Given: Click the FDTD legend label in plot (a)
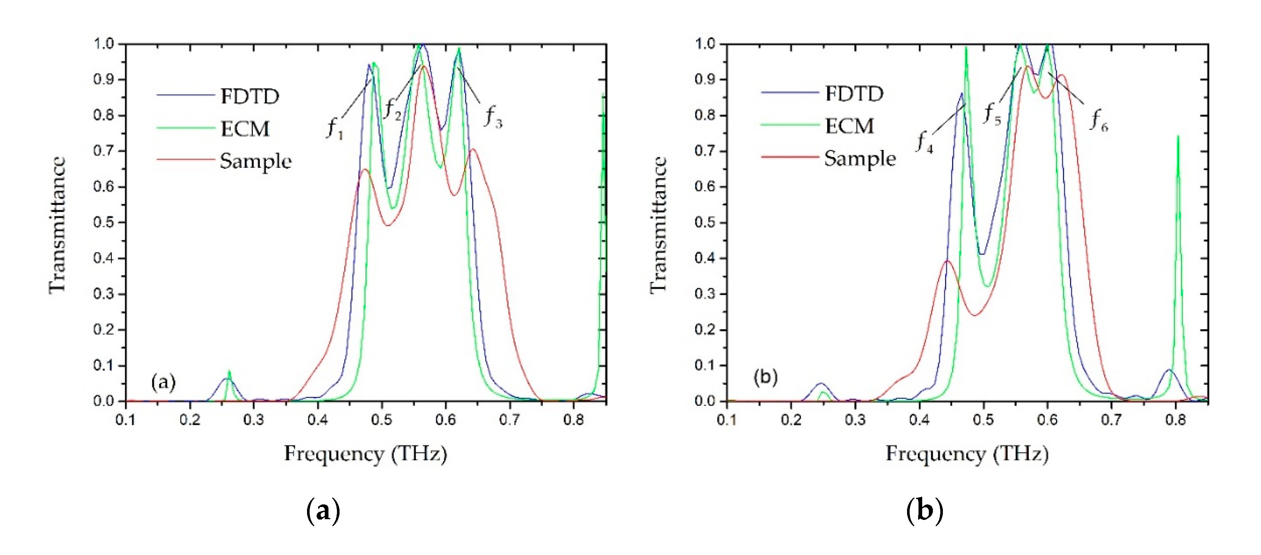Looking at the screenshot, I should [x=250, y=96].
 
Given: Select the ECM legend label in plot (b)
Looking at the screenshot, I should [x=849, y=126].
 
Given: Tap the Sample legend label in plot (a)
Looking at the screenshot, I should [x=256, y=161].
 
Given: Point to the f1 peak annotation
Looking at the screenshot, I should [x=335, y=129].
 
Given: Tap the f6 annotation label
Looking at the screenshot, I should [x=1098, y=121].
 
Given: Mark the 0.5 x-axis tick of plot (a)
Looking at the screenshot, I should [x=382, y=420].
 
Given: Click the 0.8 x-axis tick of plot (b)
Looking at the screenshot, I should [x=1175, y=420].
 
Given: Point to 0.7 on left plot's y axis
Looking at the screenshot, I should [x=103, y=151].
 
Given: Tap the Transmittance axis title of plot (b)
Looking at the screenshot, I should [x=658, y=225].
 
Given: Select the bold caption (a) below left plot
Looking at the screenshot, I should [x=323, y=511].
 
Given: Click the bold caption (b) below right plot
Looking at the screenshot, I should [x=924, y=511].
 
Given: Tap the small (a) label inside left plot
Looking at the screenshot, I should [x=163, y=382].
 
